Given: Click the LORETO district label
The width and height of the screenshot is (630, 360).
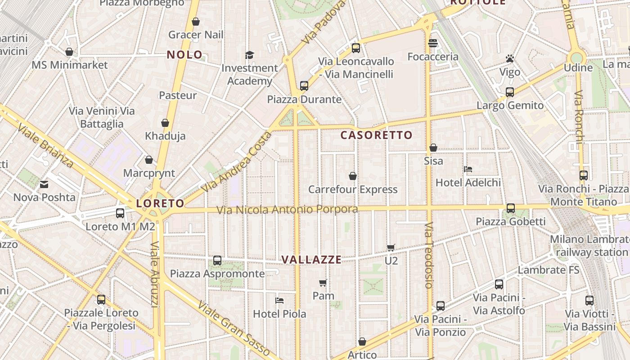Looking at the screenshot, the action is click(160, 203).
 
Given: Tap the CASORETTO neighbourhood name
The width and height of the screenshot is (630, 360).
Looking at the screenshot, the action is click(376, 135).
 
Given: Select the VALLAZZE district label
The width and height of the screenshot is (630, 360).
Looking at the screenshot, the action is click(311, 260).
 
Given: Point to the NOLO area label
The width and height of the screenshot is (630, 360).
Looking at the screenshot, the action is click(185, 55).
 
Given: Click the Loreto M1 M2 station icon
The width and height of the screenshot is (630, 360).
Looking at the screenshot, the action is click(120, 213).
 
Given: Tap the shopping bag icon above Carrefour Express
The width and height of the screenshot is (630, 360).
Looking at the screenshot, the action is click(353, 176).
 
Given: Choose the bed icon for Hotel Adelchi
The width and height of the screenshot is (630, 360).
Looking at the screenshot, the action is click(468, 169).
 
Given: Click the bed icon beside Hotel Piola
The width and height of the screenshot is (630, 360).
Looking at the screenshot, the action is click(279, 300).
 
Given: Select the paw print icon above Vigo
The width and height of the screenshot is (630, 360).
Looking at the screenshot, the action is click(510, 58).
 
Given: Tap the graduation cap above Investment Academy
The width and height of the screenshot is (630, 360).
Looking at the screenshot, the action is click(249, 55).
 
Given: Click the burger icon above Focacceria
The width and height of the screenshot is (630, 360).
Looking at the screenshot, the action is click(433, 43).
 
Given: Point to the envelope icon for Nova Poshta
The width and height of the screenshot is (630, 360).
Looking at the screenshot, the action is click(44, 184).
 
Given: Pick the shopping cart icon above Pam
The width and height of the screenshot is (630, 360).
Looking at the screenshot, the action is click(323, 283).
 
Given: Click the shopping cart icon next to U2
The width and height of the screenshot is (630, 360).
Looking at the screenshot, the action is click(391, 247).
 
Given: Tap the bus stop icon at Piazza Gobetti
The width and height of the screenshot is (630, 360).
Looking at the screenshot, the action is click(510, 208).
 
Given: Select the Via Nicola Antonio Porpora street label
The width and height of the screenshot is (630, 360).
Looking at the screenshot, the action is click(287, 210).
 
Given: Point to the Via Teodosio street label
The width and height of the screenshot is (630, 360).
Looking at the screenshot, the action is click(428, 255).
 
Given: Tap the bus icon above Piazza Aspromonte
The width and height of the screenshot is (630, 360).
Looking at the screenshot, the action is click(217, 260).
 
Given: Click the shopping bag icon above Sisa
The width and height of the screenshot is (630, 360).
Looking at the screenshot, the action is click(433, 148).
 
